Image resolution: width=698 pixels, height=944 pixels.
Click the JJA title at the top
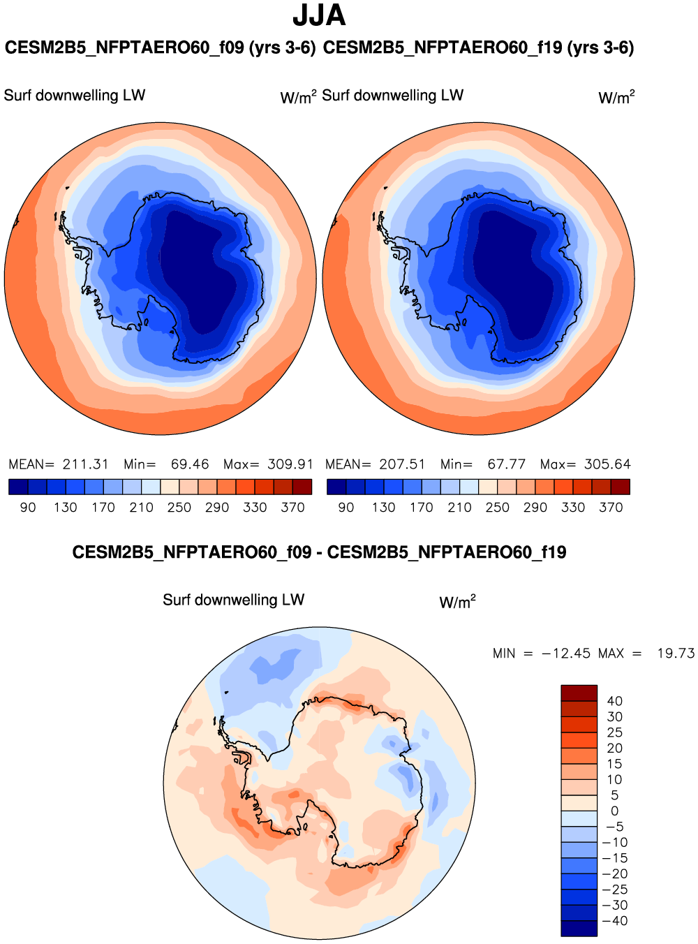click(x=319, y=15)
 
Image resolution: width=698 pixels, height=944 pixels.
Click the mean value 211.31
click(x=85, y=464)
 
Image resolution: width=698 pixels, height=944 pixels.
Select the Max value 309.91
click(x=290, y=464)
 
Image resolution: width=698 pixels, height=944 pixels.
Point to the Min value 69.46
click(x=190, y=464)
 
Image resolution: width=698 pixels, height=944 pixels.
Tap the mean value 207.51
click(x=402, y=464)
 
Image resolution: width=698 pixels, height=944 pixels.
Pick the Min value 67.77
click(x=507, y=464)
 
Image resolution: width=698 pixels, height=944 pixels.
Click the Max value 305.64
click(x=607, y=464)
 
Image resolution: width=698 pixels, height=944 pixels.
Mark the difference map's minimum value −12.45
click(x=566, y=654)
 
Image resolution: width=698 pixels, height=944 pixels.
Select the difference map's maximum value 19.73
click(x=676, y=654)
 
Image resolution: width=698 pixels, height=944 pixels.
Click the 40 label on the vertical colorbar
click(x=614, y=701)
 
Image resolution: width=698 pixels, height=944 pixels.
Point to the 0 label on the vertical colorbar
click(x=614, y=811)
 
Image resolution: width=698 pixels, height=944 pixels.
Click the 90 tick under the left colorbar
click(x=28, y=508)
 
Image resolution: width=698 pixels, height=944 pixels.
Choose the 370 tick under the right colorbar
click(x=611, y=508)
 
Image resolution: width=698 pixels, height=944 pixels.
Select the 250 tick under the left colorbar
click(x=179, y=508)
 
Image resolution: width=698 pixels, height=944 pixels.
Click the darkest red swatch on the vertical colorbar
click(x=579, y=693)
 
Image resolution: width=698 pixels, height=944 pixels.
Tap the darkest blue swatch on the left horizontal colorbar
click(x=18, y=487)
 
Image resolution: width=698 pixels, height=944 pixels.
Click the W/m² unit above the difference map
click(x=457, y=602)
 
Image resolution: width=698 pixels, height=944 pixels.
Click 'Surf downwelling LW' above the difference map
click(x=233, y=600)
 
